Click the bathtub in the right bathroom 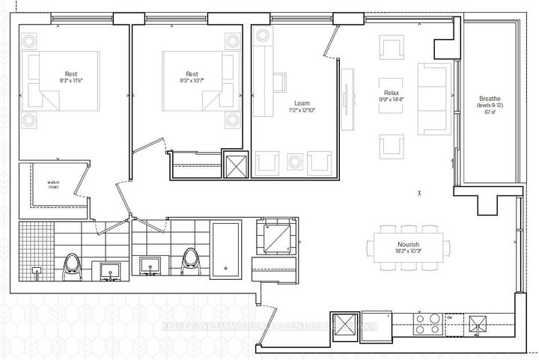224,249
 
